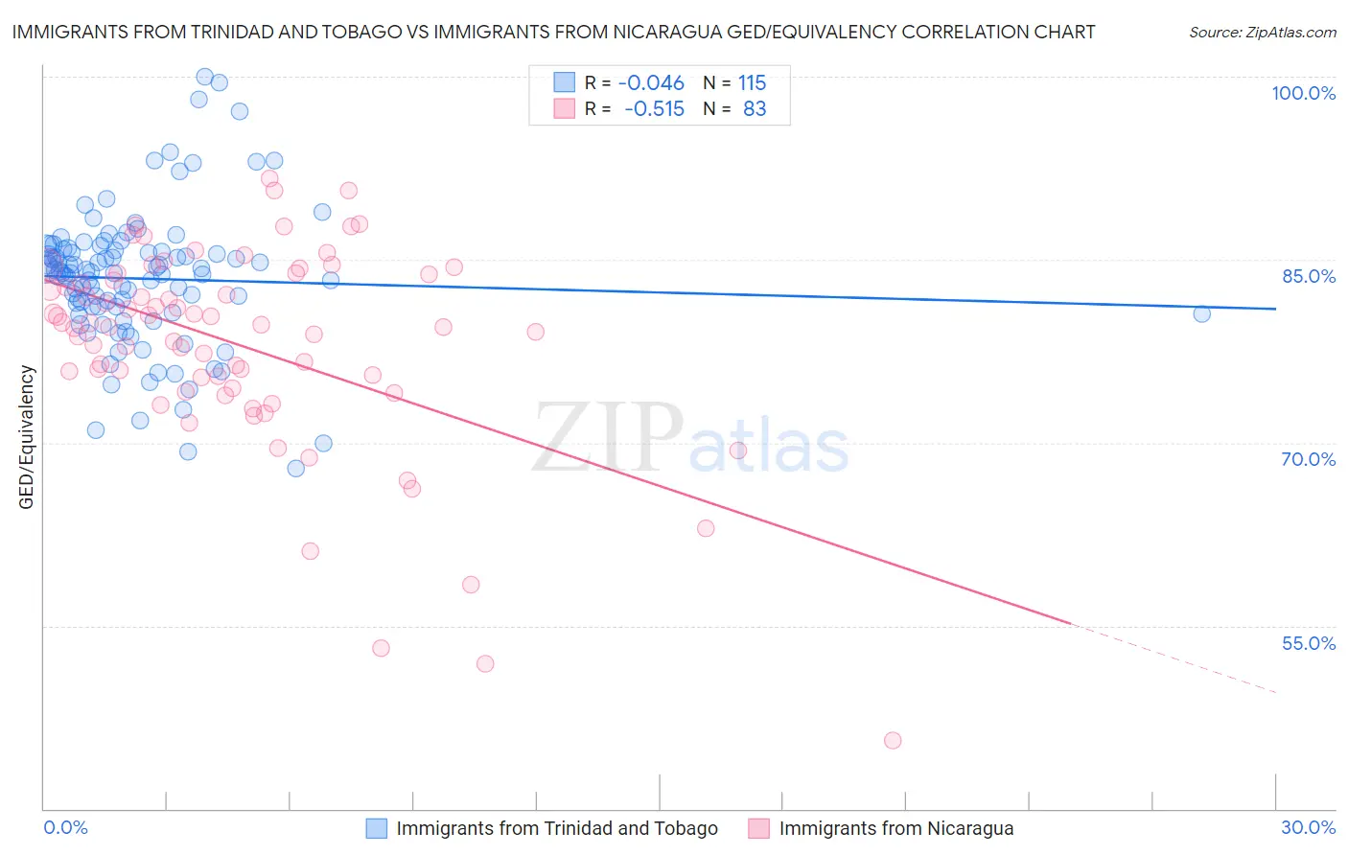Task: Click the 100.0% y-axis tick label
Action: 1303,93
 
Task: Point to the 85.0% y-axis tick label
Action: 1309,276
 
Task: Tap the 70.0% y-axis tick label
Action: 1309,459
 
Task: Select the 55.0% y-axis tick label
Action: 1309,643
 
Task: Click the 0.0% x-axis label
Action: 65,827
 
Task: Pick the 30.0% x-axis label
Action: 1308,827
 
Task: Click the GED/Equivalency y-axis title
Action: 27,437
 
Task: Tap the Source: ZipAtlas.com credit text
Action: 1262,33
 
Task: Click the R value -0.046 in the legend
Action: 651,83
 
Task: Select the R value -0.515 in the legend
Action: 654,109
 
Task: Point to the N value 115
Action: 752,83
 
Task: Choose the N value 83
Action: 755,109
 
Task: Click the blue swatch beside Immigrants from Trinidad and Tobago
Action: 377,828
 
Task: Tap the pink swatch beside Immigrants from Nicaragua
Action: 759,828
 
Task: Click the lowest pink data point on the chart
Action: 893,740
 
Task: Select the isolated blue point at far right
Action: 1201,313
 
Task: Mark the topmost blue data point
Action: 204,77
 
